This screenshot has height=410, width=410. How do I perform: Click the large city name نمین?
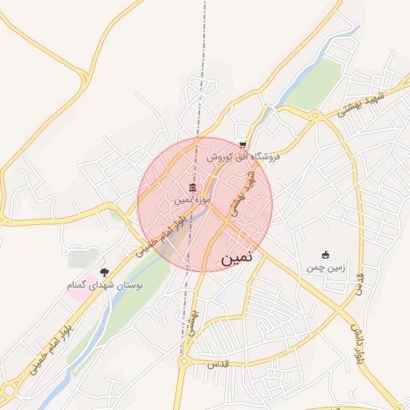(238, 259)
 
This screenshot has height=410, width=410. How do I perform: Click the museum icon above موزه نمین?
(192, 187)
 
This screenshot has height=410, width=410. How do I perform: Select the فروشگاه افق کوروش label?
(243, 157)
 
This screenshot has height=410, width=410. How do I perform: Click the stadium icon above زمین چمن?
(325, 255)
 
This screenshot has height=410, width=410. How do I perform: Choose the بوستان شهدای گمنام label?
(107, 284)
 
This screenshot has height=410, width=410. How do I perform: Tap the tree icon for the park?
(102, 271)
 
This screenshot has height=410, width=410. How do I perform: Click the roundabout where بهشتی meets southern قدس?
(186, 365)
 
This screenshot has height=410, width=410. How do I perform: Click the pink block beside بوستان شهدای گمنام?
(80, 287)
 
